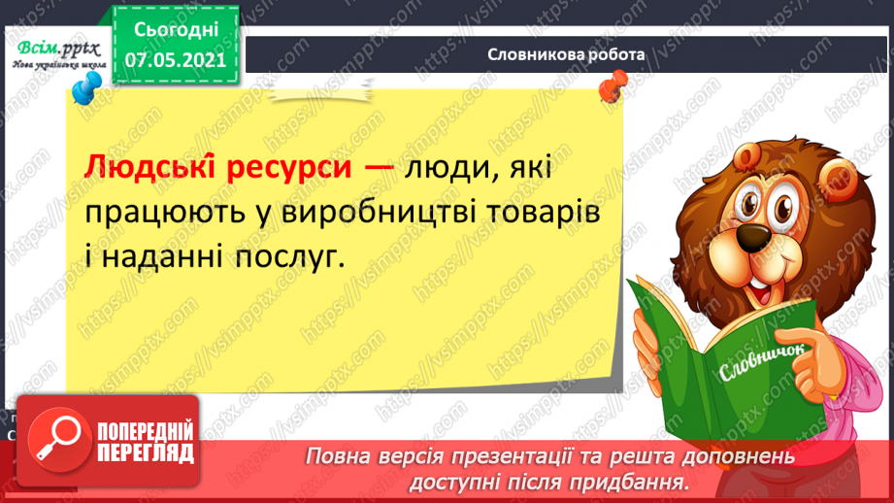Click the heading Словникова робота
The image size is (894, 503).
click(x=567, y=54)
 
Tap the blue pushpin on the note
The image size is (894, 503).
click(x=85, y=93)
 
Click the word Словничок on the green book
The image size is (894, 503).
click(x=758, y=366)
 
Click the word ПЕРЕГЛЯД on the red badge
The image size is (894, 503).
click(x=146, y=453)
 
